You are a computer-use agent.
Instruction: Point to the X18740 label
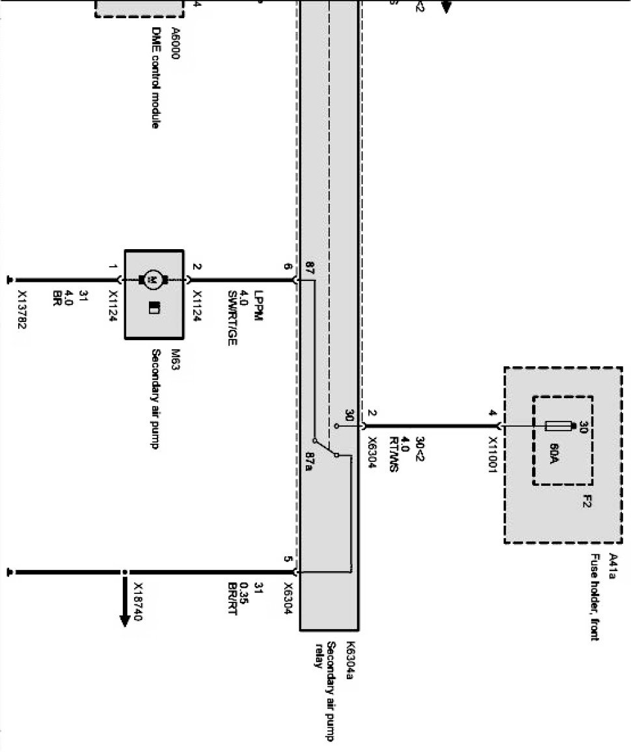click(138, 602)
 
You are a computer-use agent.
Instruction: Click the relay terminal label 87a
click(310, 461)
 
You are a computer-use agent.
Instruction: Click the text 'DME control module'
click(155, 77)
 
